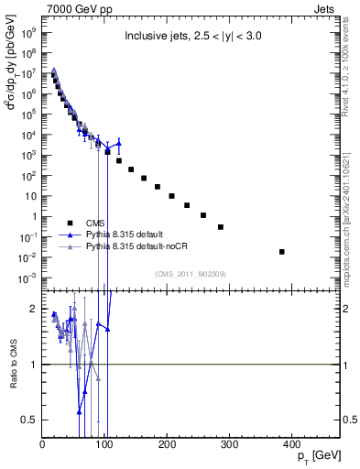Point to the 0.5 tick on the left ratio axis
[29, 420]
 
